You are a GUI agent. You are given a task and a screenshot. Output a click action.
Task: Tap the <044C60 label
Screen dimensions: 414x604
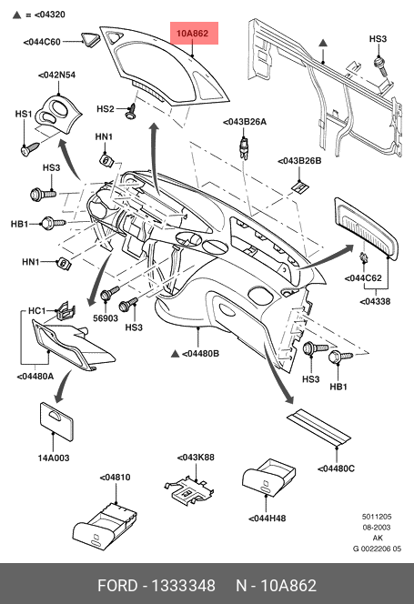pyautogui.click(x=42, y=42)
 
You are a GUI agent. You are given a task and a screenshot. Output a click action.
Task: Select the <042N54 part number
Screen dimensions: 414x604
pyautogui.click(x=57, y=75)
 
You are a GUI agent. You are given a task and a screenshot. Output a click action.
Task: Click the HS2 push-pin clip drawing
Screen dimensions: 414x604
pyautogui.click(x=131, y=111)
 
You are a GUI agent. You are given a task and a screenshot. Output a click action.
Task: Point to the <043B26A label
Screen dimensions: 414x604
pyautogui.click(x=245, y=122)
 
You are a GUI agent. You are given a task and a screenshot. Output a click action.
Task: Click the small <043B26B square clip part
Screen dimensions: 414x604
pyautogui.click(x=300, y=187)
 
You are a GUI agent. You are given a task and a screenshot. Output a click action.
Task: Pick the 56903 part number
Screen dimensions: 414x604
pyautogui.click(x=106, y=317)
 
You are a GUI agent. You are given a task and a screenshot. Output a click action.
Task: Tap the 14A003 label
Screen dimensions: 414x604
pyautogui.click(x=53, y=458)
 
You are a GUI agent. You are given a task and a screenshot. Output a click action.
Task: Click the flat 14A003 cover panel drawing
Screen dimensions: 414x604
pyautogui.click(x=56, y=421)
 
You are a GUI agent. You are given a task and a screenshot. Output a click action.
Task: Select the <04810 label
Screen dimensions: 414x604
pyautogui.click(x=115, y=478)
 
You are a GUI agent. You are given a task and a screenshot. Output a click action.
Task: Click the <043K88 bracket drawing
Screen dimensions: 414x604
pyautogui.click(x=188, y=490)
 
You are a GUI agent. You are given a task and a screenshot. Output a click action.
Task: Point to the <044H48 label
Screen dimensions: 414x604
pyautogui.click(x=268, y=518)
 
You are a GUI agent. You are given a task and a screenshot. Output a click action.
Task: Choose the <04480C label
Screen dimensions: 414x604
pyautogui.click(x=336, y=468)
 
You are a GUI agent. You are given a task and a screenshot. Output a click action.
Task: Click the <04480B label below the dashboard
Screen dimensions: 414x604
pyautogui.click(x=200, y=353)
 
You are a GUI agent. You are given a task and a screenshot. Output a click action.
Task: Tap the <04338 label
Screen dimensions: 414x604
pyautogui.click(x=375, y=302)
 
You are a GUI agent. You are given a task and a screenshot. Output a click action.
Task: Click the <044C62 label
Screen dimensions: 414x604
pyautogui.click(x=363, y=278)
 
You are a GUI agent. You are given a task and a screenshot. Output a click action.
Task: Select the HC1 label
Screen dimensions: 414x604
pyautogui.click(x=37, y=311)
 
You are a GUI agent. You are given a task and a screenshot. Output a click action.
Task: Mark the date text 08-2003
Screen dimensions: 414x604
pyautogui.click(x=376, y=528)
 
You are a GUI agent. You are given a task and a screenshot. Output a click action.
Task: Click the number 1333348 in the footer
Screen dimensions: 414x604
pyautogui.click(x=184, y=586)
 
